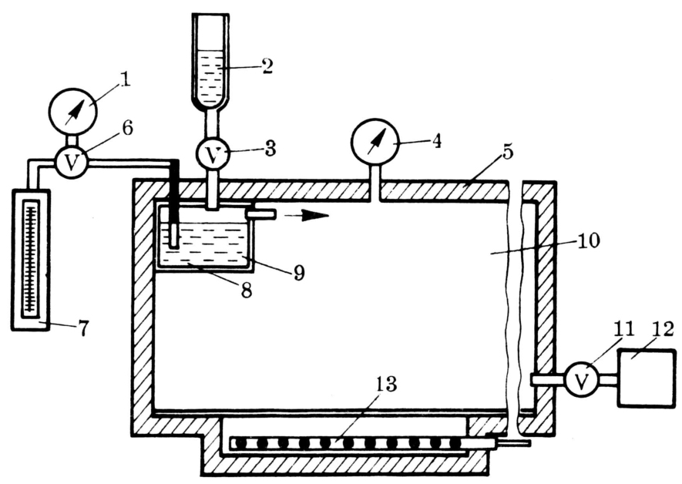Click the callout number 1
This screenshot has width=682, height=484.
pos(126,79)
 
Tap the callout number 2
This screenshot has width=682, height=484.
pos(267,66)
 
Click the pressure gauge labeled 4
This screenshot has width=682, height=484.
pos(375,142)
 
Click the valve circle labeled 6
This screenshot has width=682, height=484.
pos(72,162)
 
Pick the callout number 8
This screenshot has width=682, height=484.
pos(247,290)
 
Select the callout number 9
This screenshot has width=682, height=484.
pos(299,273)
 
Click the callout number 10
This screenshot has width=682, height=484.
pos(588,240)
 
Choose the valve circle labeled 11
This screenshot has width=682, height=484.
pos(581,380)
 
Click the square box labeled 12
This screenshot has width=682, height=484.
pos(647,378)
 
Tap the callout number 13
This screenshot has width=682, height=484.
pos(385,384)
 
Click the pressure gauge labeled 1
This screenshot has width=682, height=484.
pos(72,111)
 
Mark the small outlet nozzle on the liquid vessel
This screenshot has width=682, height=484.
pos(261,214)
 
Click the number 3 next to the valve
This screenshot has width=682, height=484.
pos(270,150)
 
